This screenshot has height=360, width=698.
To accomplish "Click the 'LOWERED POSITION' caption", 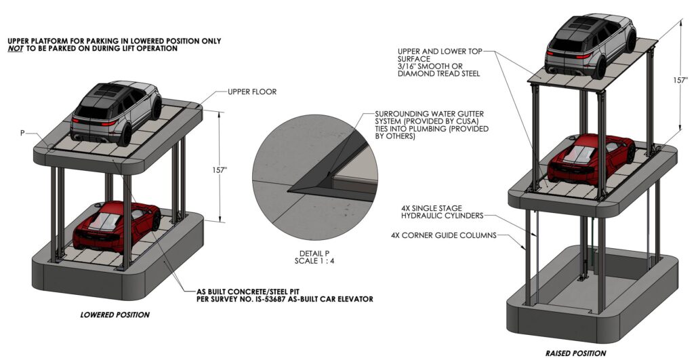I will pyautogui.click(x=115, y=315).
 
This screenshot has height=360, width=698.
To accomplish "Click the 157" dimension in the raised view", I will pyautogui.click(x=687, y=79).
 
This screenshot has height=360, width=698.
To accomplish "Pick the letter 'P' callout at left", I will pyautogui.click(x=22, y=133).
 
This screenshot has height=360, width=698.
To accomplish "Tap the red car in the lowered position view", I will pyautogui.click(x=115, y=226).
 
